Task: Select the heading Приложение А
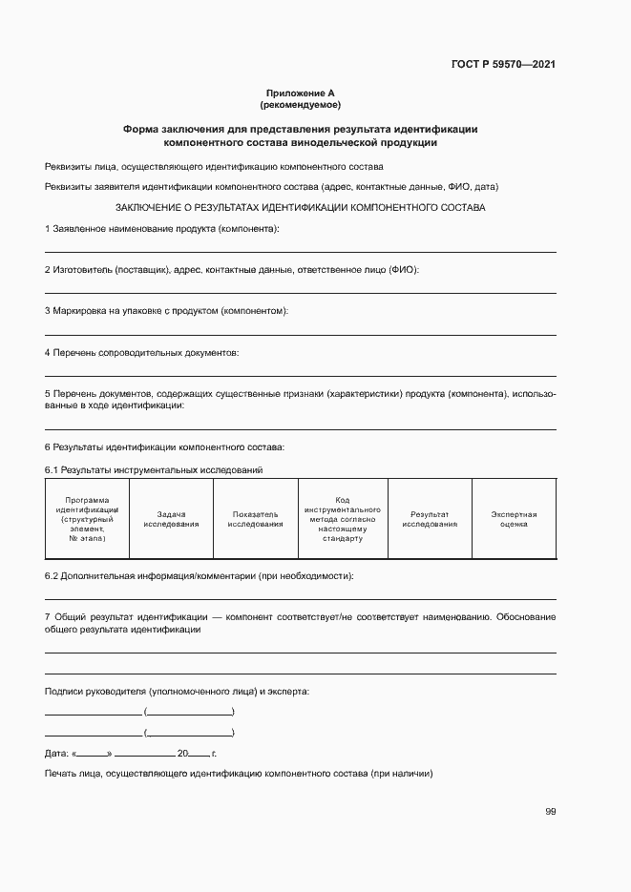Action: [300, 93]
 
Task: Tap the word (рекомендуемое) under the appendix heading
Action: [300, 104]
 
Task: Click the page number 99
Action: [550, 811]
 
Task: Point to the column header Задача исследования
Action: [171, 518]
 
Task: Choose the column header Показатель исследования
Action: [255, 518]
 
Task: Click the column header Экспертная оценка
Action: [515, 518]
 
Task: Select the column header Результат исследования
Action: [430, 518]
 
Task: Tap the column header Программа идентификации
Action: [87, 519]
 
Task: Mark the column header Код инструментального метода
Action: [343, 519]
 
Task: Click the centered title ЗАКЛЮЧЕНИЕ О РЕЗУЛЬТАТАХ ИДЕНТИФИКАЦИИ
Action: [300, 207]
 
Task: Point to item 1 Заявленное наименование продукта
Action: [162, 229]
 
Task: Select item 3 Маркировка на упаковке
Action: [167, 311]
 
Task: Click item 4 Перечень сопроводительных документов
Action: [142, 352]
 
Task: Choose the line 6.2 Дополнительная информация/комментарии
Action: [200, 576]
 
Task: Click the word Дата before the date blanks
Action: [56, 754]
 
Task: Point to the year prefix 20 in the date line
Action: [195, 754]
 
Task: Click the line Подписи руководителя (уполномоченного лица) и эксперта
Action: [177, 691]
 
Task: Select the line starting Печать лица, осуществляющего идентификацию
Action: [239, 774]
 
